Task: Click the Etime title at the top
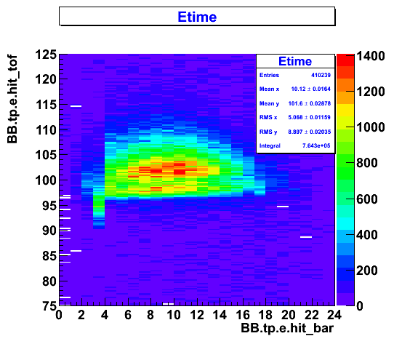(197, 17)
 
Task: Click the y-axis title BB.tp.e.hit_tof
(12, 100)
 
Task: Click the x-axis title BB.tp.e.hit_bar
(287, 328)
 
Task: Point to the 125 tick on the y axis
(46, 55)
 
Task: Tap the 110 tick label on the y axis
(46, 130)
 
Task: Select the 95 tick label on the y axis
(49, 206)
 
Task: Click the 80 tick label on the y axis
(49, 281)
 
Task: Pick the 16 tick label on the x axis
(243, 315)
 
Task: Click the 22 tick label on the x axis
(312, 315)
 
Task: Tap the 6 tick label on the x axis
(128, 315)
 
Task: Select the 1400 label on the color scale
(371, 56)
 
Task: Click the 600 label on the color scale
(367, 199)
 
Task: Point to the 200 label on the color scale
(367, 271)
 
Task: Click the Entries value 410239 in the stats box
(321, 75)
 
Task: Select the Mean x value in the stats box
(311, 89)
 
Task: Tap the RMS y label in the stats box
(268, 132)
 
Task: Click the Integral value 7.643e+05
(316, 145)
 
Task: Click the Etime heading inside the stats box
(295, 61)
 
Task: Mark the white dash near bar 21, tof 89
(306, 237)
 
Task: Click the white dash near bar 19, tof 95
(283, 207)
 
